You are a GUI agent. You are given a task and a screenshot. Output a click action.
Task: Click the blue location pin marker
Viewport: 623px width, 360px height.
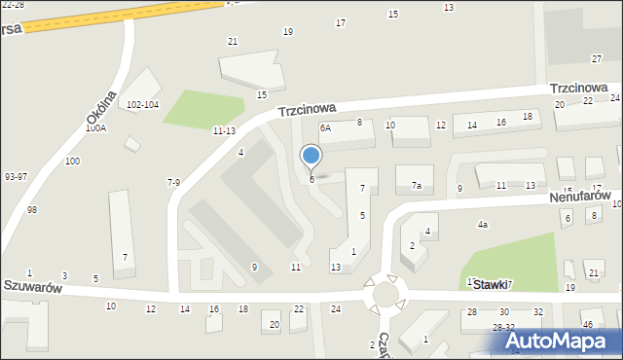coord(311,156)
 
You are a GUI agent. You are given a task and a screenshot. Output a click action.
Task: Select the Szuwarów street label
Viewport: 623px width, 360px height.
coord(32,288)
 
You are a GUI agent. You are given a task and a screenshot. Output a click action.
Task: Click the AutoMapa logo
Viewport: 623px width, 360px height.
coord(562,341)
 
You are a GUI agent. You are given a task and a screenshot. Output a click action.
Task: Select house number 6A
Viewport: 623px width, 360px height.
coord(326,127)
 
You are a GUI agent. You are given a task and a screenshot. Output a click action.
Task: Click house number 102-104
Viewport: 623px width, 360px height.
coord(142,104)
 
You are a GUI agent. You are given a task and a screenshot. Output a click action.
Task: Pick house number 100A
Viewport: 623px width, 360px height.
coord(95,127)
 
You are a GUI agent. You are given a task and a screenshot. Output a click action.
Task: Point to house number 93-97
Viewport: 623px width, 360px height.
coord(16,177)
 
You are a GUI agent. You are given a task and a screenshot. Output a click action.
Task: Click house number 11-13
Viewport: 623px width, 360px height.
coord(223,130)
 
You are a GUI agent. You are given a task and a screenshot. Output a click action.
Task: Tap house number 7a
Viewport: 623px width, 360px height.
coord(416,185)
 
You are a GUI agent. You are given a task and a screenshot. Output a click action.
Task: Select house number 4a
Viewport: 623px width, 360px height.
coord(482,225)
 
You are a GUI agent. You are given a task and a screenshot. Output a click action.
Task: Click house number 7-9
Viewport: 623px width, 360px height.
coord(173,182)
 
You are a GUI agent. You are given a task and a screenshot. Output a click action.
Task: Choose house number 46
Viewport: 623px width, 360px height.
coord(587,324)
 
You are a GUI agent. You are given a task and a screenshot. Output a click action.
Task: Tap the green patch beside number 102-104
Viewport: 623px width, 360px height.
coord(200,109)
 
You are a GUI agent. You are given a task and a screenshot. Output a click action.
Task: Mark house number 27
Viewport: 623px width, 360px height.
coord(597,59)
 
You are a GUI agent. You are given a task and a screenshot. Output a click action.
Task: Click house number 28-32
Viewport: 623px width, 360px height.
coord(503,328)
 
